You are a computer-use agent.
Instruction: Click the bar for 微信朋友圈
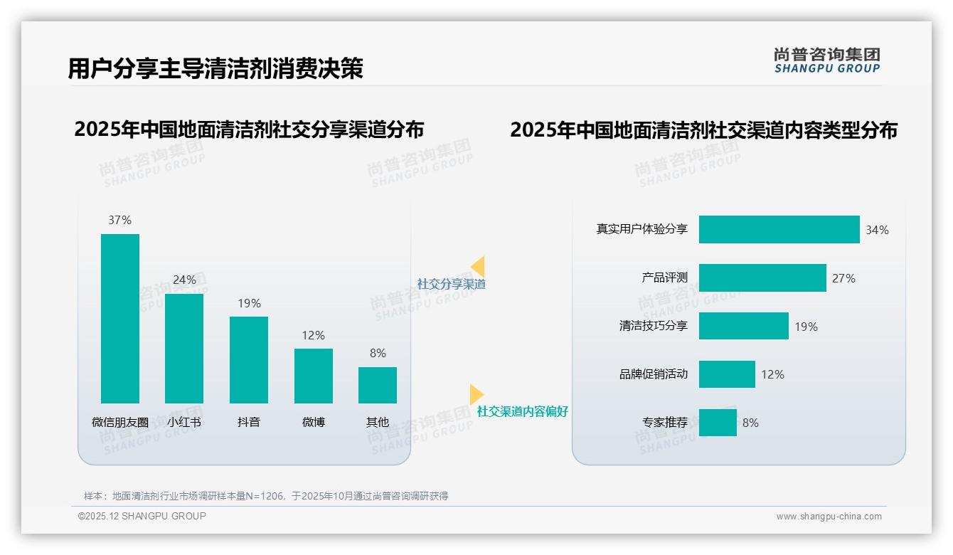pos(120,318)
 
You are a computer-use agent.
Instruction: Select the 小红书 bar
pos(184,349)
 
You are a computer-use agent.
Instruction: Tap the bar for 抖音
pos(249,359)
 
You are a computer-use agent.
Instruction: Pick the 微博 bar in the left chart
pos(313,376)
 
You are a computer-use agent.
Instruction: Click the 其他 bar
pos(378,385)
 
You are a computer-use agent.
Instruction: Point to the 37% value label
pos(120,221)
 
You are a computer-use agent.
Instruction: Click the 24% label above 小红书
pos(184,280)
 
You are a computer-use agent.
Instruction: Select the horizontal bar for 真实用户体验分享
pos(779,230)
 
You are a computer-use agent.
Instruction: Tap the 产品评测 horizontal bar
pos(762,278)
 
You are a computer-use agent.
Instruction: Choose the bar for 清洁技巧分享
pos(743,326)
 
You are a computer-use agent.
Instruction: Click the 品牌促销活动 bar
pos(727,374)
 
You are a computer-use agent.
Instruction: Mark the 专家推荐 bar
pos(718,423)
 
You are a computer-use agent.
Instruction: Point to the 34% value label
pos(877,231)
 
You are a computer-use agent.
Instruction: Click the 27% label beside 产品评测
pos(843,279)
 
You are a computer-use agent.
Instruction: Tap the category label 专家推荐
pos(665,423)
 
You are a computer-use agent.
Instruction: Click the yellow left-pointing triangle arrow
pos(478,267)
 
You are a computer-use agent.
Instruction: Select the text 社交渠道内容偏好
pos(522,412)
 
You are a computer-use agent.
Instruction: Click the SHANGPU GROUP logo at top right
pos(827,60)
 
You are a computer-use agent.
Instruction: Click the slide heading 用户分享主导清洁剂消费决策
pos(215,68)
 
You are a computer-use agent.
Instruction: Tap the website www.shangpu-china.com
pos(829,517)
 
